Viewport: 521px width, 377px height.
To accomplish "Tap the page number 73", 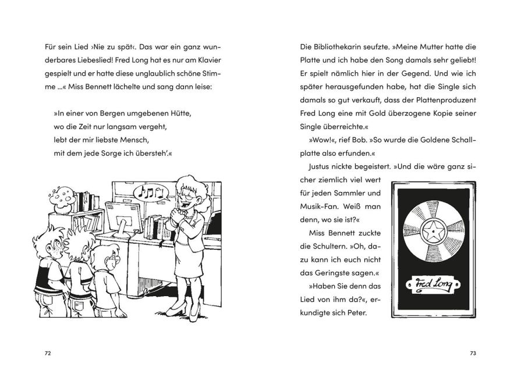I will click(473, 353).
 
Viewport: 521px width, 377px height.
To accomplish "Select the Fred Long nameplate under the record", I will click(433, 285).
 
